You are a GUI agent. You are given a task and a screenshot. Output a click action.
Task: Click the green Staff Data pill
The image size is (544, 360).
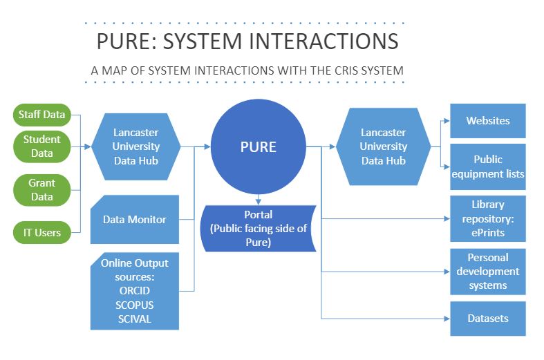point(42,115)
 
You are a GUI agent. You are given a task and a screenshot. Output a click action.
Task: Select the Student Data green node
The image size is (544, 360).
point(41,145)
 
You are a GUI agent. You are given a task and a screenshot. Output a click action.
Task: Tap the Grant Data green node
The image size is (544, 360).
point(41,190)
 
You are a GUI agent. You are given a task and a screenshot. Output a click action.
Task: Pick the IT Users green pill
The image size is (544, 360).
point(41,233)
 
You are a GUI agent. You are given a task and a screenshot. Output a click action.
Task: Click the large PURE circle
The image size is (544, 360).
point(258,146)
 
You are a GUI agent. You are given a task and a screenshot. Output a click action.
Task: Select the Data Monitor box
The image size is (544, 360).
point(135,220)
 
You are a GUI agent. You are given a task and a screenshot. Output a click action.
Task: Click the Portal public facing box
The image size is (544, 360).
point(257,229)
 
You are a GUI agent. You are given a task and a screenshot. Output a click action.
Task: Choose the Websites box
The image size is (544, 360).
point(487,121)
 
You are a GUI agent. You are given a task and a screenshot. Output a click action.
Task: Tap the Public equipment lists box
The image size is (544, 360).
point(487,167)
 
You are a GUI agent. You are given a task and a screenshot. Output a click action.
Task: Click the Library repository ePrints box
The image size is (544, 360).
point(487,218)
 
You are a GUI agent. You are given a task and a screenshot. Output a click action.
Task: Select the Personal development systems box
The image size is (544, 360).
point(487,272)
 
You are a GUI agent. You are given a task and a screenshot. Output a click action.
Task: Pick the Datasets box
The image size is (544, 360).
point(487,319)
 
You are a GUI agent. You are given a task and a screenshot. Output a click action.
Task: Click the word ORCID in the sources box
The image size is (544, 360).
point(135,291)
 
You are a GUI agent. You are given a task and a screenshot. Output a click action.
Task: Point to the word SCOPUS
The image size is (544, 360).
point(135,305)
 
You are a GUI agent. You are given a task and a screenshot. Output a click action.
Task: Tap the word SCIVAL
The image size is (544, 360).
point(135,319)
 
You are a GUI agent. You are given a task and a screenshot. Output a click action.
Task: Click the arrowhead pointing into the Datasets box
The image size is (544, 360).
point(447,319)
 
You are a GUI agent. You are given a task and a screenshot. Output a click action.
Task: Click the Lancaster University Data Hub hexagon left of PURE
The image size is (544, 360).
point(136,146)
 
